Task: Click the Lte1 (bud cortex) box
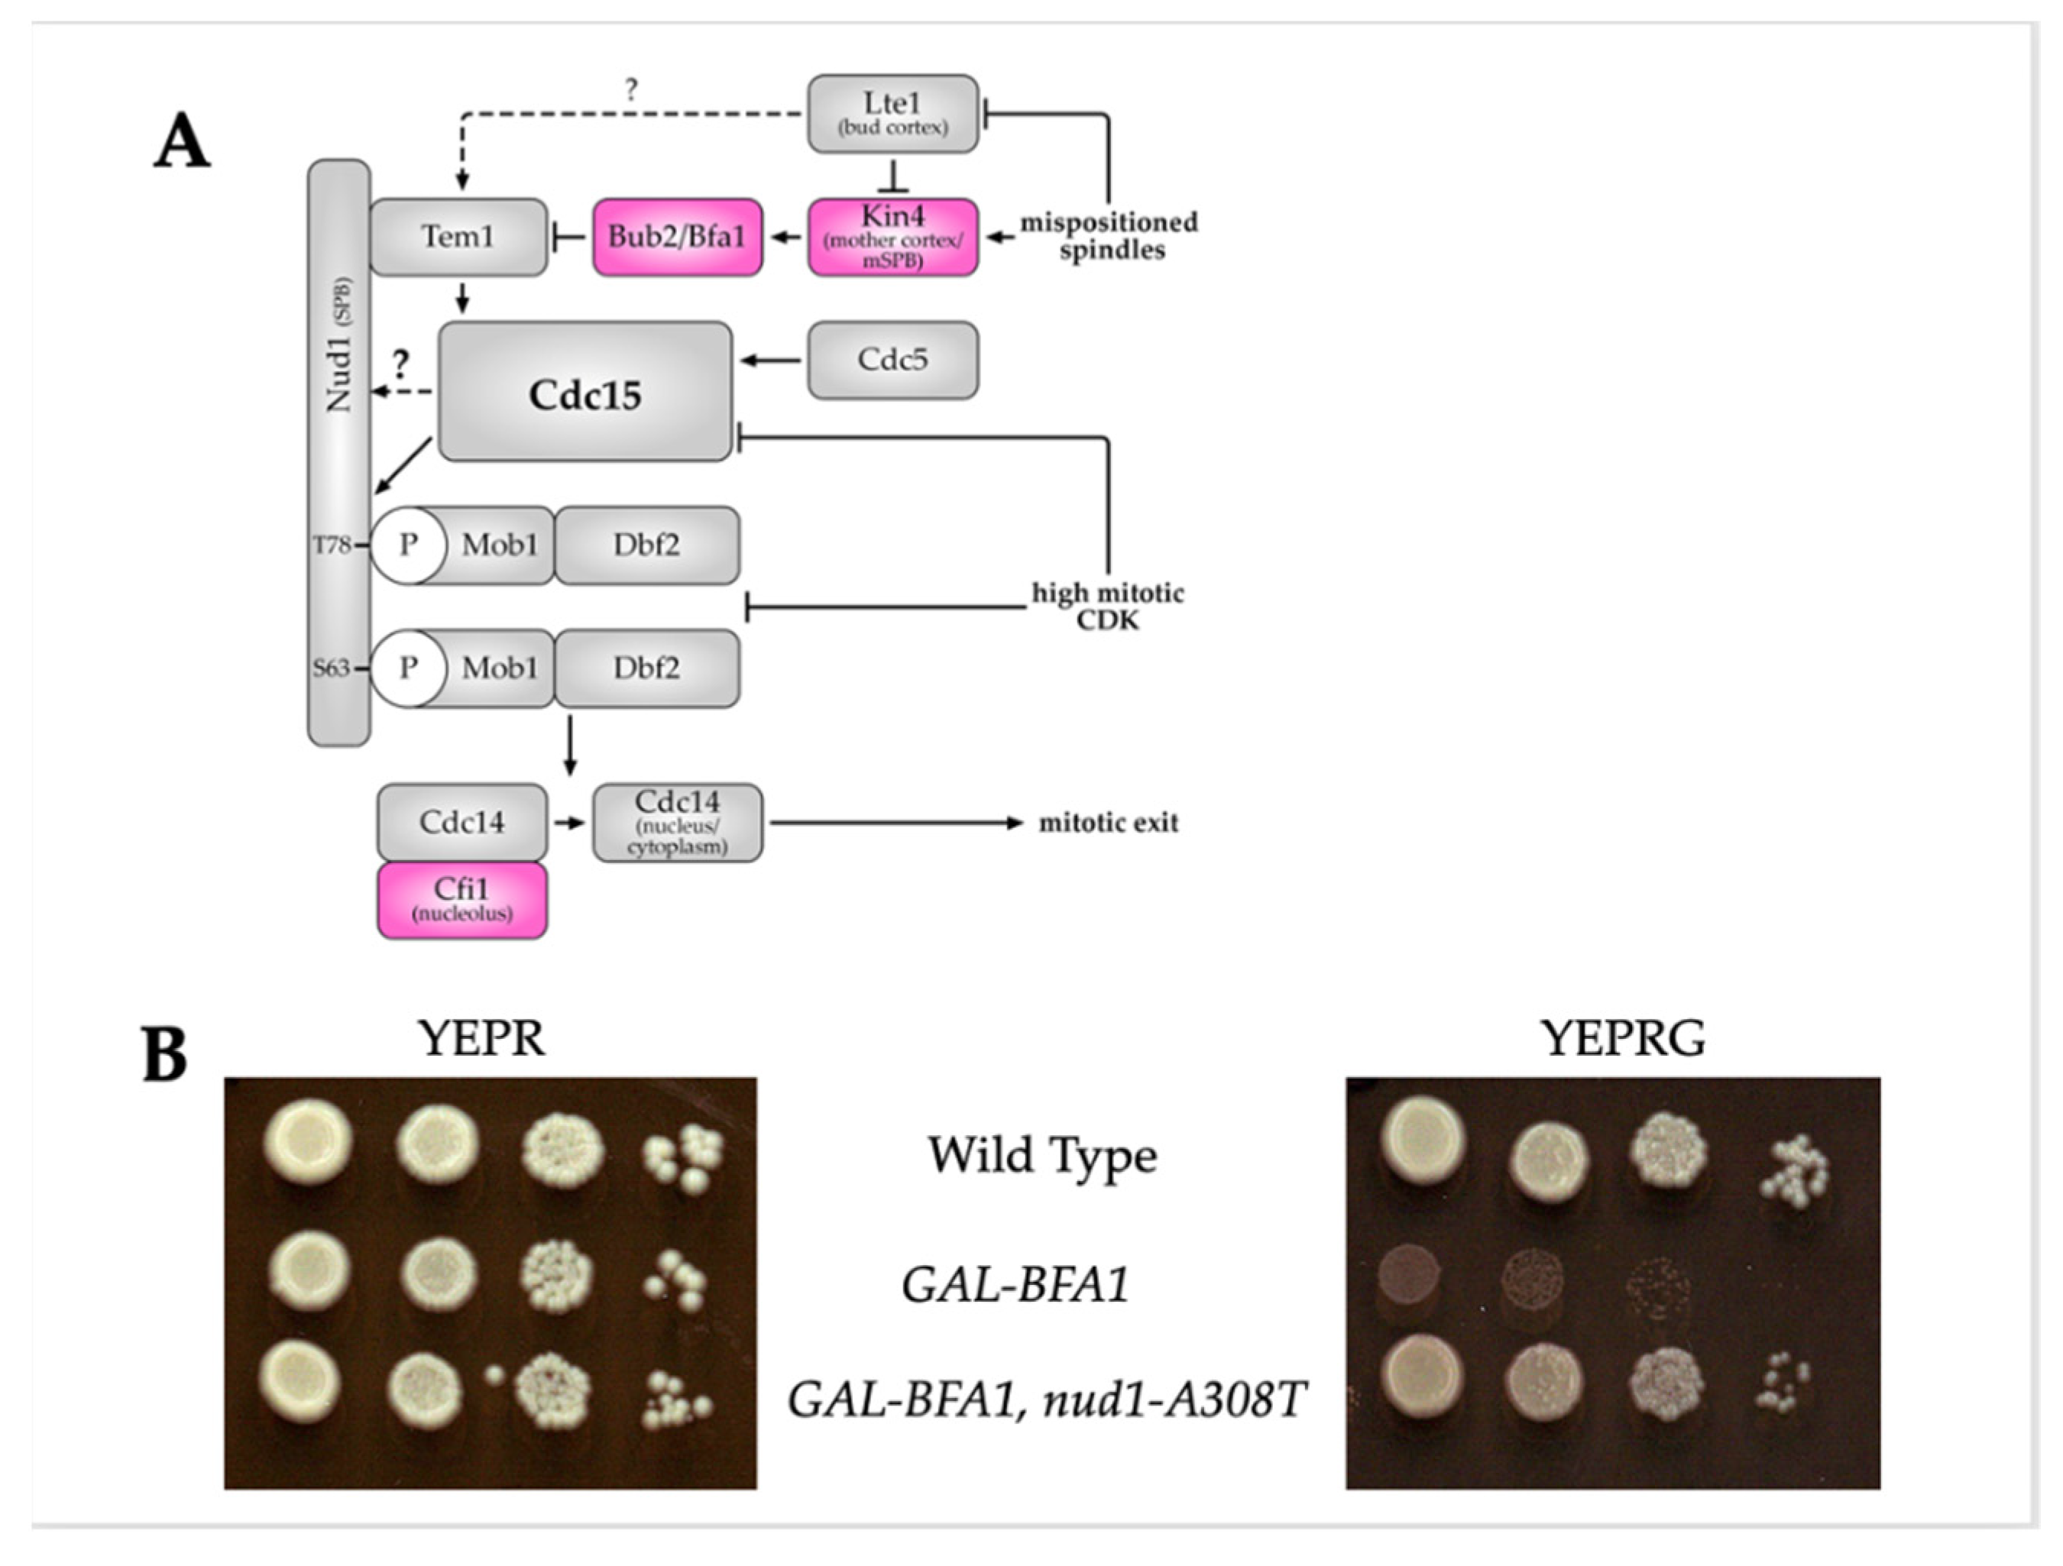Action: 892,114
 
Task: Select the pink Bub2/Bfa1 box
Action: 677,237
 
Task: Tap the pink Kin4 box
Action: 892,237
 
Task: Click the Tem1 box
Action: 458,237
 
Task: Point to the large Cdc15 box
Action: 585,392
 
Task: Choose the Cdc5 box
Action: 892,360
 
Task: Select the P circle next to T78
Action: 407,545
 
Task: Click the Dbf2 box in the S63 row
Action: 646,668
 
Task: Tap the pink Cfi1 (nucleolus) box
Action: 462,899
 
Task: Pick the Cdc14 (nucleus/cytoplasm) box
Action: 677,822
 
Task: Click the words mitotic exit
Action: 1108,823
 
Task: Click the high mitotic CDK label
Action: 1107,607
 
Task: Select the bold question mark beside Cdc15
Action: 401,363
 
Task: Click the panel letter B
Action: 165,1056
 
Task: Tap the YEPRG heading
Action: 1623,1038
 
